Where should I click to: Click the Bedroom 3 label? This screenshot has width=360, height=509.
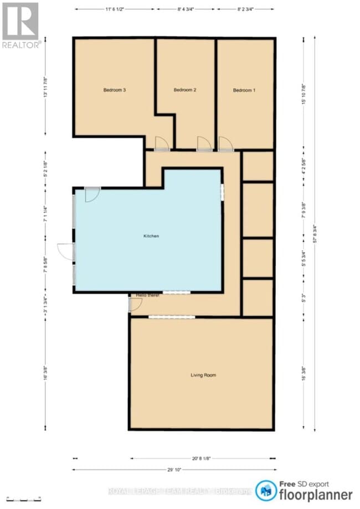click(x=113, y=90)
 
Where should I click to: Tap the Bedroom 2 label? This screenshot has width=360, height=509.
click(x=185, y=90)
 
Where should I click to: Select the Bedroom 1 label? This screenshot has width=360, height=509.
click(x=244, y=90)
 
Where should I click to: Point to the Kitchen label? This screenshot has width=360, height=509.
click(x=151, y=236)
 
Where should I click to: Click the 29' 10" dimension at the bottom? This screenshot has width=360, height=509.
click(x=174, y=469)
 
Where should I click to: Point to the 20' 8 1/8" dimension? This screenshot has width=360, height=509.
click(x=201, y=458)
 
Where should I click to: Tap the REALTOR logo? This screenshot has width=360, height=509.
click(x=20, y=25)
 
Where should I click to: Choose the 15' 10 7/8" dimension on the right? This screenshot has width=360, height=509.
click(x=304, y=94)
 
